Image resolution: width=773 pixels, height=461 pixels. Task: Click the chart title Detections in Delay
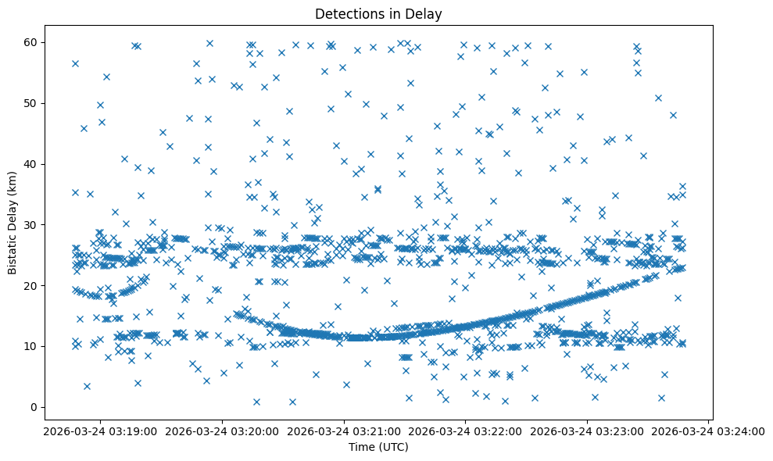pos(378,13)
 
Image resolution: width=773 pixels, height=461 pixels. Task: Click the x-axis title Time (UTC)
pos(378,447)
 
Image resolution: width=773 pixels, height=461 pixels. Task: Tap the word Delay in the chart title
pos(426,13)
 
